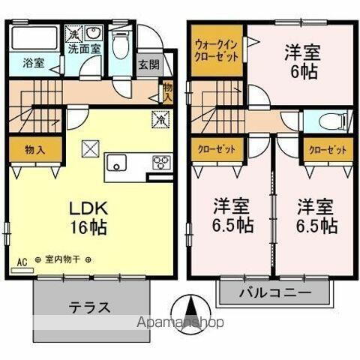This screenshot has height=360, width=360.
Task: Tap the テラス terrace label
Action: pyautogui.click(x=90, y=307)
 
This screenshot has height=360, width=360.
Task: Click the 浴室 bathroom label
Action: pyautogui.click(x=32, y=64)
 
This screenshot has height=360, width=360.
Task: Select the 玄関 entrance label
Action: pyautogui.click(x=147, y=64)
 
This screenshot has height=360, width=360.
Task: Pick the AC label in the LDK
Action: pyautogui.click(x=21, y=261)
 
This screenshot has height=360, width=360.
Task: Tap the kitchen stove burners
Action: pyautogui.click(x=162, y=162)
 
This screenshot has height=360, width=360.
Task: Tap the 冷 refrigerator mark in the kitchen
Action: pyautogui.click(x=160, y=118)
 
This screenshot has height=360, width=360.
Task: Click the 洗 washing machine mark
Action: pyautogui.click(x=74, y=34)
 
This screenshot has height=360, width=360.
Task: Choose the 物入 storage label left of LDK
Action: pyautogui.click(x=34, y=148)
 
